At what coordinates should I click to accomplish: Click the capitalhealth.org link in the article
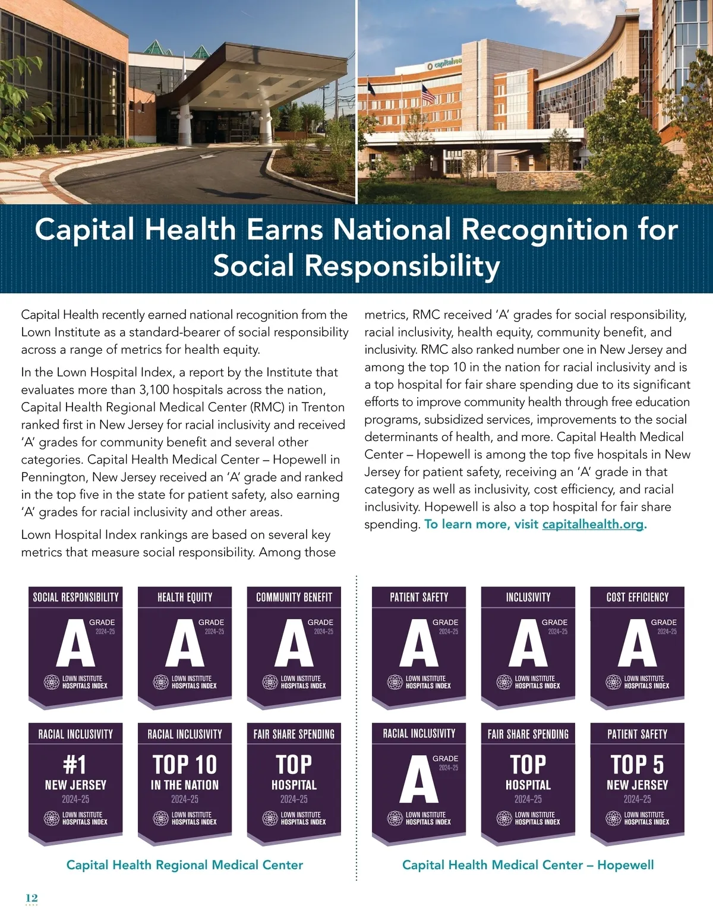pos(592,525)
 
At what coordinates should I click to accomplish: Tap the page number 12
pos(31,897)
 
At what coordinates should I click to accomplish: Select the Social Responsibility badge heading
pos(75,597)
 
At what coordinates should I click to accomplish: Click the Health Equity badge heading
pos(185,597)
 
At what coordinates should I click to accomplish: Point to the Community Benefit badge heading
pos(294,597)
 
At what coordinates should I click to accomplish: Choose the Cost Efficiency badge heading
pos(638,597)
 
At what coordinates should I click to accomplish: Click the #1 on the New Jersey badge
pos(75,764)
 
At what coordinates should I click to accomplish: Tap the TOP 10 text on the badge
pos(185,764)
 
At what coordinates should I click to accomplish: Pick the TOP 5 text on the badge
pos(637,764)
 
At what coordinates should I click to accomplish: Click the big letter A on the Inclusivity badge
pos(528,644)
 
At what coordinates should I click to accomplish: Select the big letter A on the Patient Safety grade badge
pos(418,644)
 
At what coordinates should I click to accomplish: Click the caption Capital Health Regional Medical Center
pos(185,865)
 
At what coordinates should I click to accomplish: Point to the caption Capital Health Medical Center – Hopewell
pos(528,865)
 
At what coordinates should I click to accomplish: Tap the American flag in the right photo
pos(427,93)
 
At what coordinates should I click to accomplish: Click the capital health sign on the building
pos(444,64)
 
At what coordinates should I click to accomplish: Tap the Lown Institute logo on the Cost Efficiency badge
pos(613,682)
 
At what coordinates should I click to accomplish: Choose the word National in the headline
pos(393,230)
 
